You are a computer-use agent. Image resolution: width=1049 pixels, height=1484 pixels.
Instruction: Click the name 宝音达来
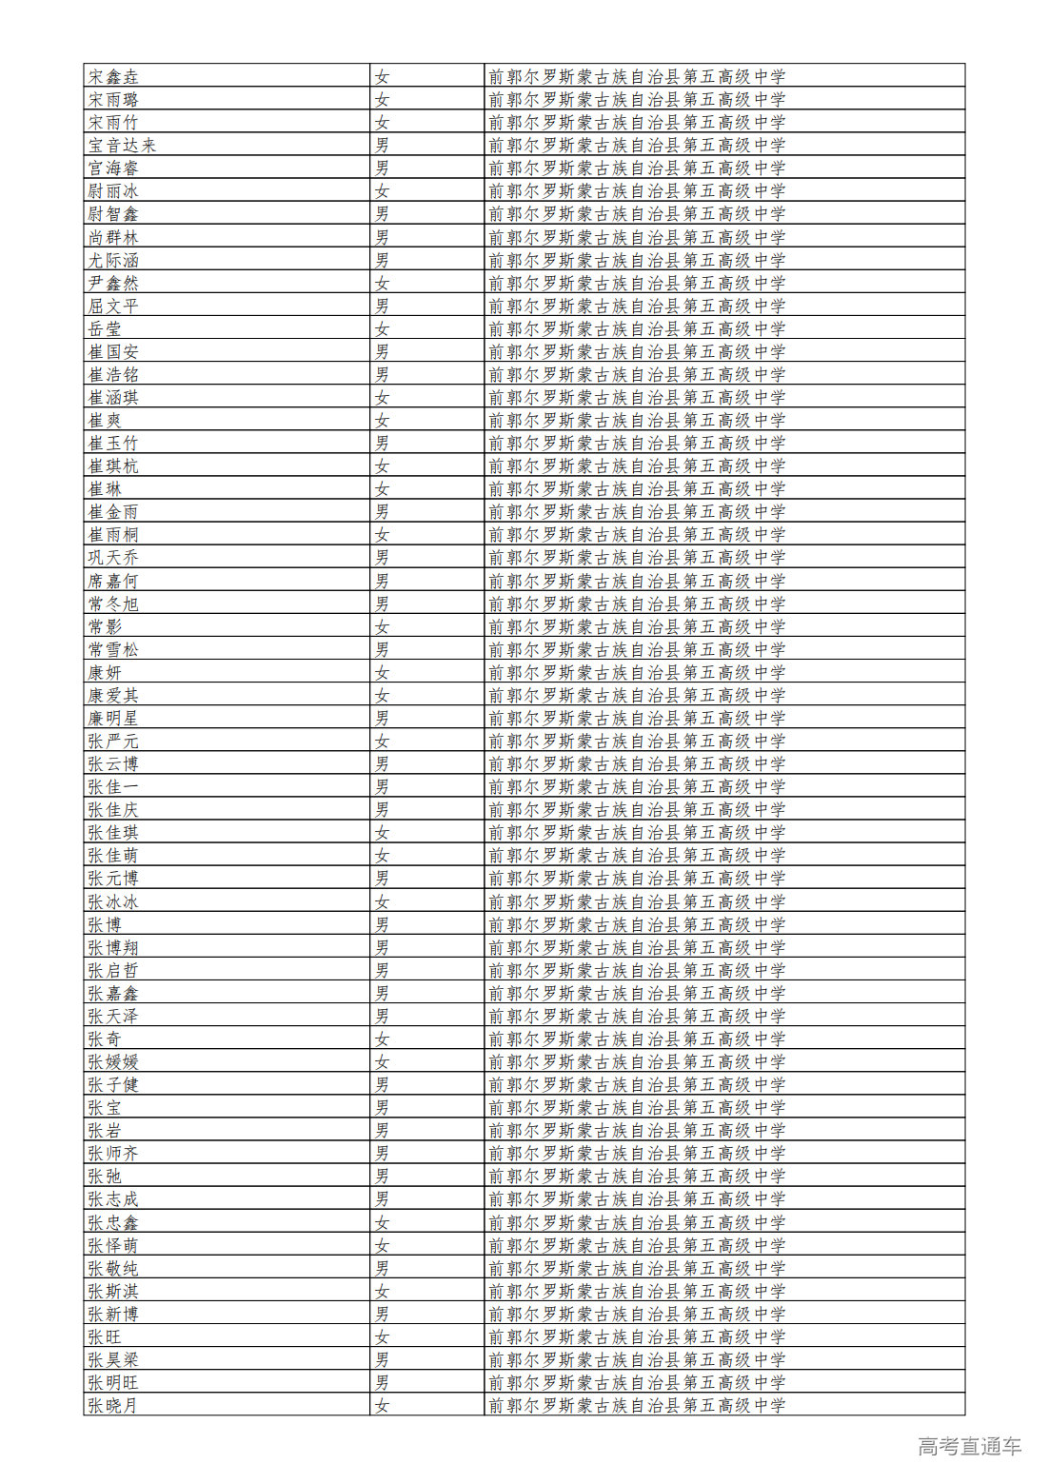[x=122, y=145]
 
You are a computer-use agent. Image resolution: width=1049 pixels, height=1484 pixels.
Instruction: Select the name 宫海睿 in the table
[x=113, y=168]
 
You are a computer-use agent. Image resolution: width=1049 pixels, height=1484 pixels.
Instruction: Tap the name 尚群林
[x=113, y=237]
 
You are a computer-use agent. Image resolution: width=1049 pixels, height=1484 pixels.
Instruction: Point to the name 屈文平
[x=113, y=306]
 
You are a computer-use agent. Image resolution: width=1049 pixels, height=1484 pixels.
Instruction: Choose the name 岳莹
[x=105, y=328]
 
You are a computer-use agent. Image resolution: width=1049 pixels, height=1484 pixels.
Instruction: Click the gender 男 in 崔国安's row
[x=382, y=351]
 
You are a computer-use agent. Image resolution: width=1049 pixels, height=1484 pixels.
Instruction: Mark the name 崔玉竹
[x=113, y=443]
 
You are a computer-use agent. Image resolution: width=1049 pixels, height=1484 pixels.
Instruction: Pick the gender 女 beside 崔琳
[x=382, y=488]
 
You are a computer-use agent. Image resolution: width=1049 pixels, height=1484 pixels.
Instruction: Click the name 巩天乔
[x=113, y=557]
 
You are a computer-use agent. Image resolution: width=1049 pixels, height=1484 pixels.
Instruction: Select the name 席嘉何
[x=113, y=581]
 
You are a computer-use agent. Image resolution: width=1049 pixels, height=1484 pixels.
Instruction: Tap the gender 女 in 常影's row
[x=382, y=626]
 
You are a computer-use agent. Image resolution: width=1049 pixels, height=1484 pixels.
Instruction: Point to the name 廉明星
[x=113, y=718]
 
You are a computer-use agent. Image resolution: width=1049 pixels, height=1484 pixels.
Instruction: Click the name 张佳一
[x=113, y=786]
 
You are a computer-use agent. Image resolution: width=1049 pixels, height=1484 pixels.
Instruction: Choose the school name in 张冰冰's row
[x=637, y=901]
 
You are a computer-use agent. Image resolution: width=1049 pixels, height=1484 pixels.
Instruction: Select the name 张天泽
[x=113, y=1016]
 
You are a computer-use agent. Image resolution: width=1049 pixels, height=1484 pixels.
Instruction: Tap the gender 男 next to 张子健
[x=382, y=1084]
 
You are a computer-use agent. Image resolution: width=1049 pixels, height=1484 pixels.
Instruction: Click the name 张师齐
[x=113, y=1153]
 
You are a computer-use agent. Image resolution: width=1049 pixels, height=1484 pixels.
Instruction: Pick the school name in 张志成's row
[x=637, y=1198]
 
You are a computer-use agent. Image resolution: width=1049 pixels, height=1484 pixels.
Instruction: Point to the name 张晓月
[x=113, y=1405]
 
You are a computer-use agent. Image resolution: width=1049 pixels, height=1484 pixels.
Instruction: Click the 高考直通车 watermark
[x=969, y=1446]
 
